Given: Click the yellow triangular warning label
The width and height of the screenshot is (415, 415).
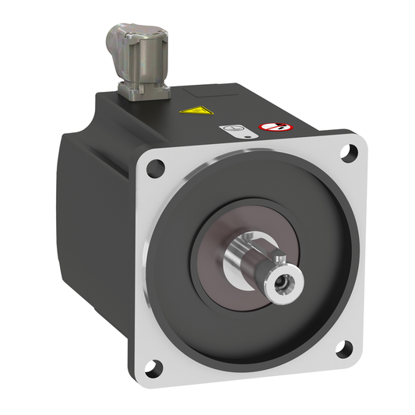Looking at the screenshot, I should point(192,111).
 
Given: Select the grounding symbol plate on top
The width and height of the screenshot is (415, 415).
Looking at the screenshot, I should point(231,130).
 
